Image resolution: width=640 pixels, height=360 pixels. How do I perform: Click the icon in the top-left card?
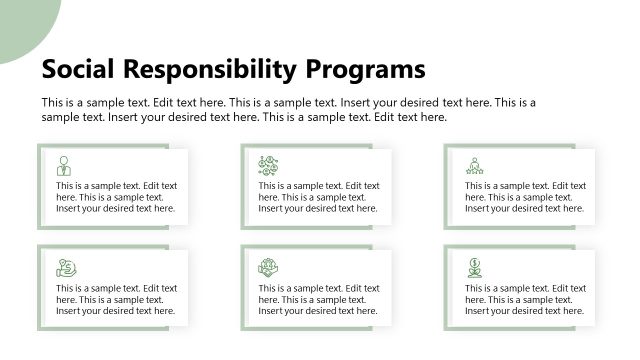coord(64,165)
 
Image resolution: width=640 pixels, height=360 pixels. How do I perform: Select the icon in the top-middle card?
coord(267,165)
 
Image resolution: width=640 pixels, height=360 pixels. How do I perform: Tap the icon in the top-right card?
coord(474,165)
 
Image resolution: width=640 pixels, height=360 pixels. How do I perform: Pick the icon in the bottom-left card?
coord(66,268)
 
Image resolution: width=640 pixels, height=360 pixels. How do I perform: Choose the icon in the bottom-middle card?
coord(267,267)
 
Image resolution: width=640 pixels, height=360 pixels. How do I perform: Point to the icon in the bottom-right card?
coord(473,267)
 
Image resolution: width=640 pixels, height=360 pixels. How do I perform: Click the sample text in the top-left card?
coord(116,197)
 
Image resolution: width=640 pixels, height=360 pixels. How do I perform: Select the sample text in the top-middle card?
coord(319,197)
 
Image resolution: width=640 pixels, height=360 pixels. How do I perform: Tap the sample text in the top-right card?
coord(525,197)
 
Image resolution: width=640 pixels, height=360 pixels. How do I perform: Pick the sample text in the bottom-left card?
coord(116,299)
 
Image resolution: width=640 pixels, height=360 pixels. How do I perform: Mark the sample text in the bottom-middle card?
coord(319,299)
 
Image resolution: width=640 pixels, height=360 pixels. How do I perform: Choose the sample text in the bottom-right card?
coord(525,299)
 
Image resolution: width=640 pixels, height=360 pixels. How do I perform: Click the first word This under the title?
coord(53,102)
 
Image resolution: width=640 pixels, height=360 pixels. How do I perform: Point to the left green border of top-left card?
coord(40,187)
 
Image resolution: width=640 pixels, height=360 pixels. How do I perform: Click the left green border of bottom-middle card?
coord(243,288)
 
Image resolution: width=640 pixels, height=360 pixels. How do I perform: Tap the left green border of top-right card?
coord(447,187)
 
